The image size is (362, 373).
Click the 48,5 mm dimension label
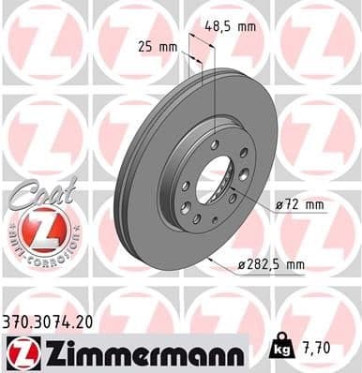(x=230, y=26)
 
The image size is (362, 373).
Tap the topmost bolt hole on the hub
(x=215, y=142)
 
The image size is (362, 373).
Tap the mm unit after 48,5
(x=246, y=26)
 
